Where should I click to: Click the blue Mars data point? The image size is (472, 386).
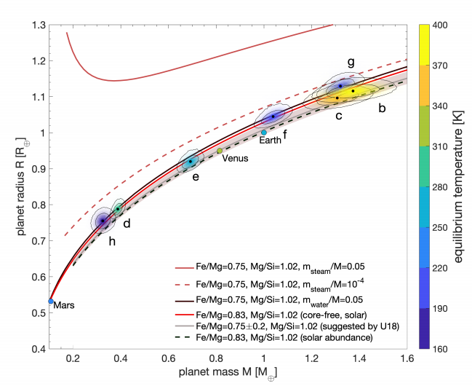coord(51,301)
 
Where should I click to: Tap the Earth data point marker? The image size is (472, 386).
coord(263,132)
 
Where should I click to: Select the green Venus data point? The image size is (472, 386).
coord(220,151)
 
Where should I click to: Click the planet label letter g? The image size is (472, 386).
coord(351,63)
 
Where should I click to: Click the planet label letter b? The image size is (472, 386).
coord(383,108)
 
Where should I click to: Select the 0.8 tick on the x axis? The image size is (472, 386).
coord(217,358)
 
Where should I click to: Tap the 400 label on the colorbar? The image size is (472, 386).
coord(441,25)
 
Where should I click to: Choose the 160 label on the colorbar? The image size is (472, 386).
coord(441,349)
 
